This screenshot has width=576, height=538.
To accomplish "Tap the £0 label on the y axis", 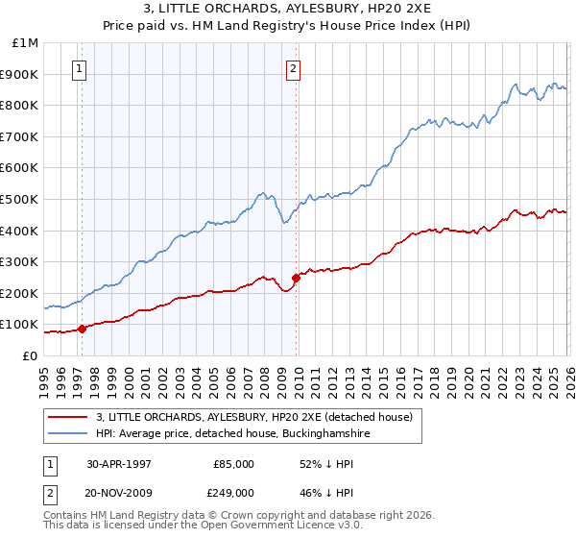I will click(31, 355).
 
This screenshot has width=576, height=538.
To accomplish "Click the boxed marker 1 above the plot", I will click(78, 68).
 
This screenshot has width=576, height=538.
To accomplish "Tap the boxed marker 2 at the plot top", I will click(293, 68).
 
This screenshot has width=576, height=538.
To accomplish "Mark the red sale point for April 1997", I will click(83, 329).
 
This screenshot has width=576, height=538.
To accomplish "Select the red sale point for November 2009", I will click(296, 278).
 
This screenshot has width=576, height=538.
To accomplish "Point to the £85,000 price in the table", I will click(233, 464).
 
